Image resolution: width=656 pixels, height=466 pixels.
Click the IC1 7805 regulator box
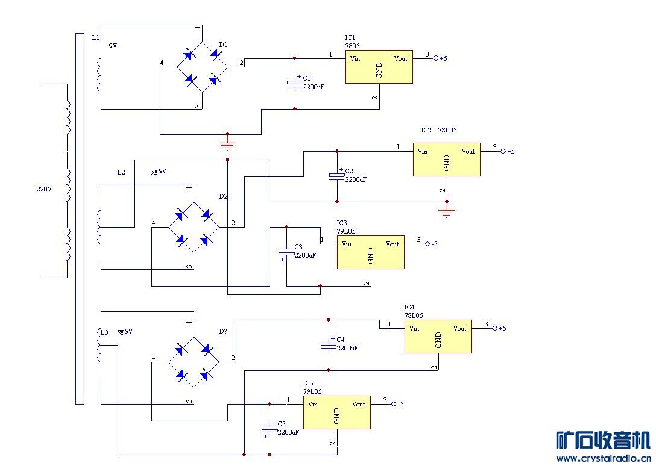tap(379, 67)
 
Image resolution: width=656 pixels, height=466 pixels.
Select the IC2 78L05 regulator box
tap(446, 160)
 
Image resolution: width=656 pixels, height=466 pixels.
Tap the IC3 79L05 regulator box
tap(370, 252)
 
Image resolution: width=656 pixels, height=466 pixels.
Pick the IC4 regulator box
tap(438, 337)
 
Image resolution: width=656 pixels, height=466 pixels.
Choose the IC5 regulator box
tap(336, 412)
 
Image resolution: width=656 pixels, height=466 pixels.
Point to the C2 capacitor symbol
tap(336, 176)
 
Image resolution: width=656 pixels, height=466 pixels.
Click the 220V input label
tap(44, 188)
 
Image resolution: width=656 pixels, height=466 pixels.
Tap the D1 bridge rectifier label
tap(223, 45)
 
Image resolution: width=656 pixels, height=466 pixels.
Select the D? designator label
tap(223, 332)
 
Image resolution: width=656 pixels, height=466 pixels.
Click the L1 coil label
tap(95, 37)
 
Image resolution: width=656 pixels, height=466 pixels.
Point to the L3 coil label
tap(104, 332)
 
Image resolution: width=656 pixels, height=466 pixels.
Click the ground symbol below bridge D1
tap(227, 144)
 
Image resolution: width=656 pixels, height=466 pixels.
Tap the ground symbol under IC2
tap(446, 212)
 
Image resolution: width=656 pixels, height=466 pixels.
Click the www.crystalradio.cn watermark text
tap(603, 459)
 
